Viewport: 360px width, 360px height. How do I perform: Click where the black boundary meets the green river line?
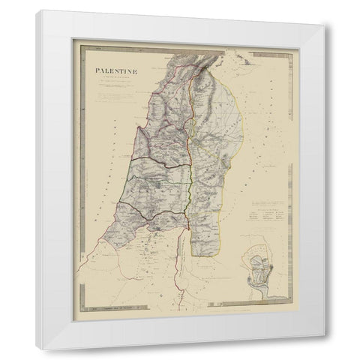tap(186, 214)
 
